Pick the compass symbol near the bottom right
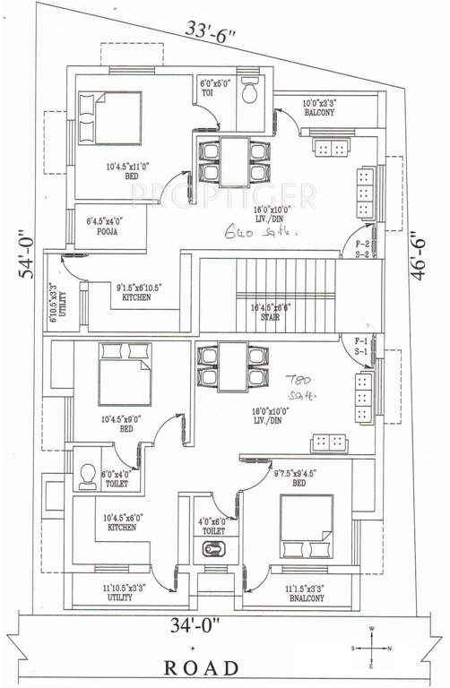pos(370,647)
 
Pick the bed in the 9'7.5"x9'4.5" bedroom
pos(306,527)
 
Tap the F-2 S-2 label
pos(363,248)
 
